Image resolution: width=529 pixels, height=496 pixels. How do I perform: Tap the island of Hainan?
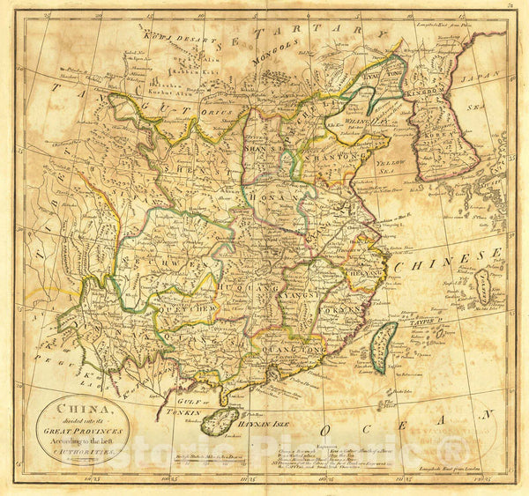(x=220, y=421)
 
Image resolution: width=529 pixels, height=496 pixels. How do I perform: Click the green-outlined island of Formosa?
(x=381, y=345)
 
